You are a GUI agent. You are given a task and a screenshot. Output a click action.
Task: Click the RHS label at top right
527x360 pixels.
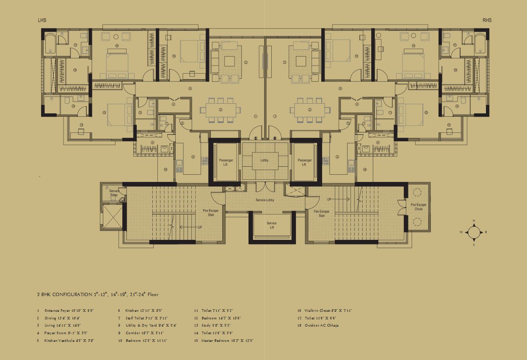pos(487,20)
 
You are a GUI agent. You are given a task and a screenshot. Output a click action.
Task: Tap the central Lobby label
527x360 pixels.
pos(264,161)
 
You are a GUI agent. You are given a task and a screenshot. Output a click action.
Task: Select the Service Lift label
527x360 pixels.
pos(272,225)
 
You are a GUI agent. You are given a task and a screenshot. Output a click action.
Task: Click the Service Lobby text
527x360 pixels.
pos(265,200)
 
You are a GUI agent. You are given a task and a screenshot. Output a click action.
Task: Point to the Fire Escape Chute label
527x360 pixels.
pos(418,207)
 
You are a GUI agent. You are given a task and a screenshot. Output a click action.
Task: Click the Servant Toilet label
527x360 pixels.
pos(114,193)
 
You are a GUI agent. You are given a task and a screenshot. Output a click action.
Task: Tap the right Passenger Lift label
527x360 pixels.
pos(304,162)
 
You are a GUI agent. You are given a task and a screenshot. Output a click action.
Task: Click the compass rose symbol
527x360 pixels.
pos(474,232)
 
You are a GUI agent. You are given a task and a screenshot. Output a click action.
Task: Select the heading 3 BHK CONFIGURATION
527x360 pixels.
pos(97,294)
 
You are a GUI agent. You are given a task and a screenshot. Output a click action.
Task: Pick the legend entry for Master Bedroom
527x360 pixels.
pos(227,341)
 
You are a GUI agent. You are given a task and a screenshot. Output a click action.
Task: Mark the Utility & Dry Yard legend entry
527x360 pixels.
pos(151,325)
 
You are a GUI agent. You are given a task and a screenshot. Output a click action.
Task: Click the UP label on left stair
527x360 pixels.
pos(200,227)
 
